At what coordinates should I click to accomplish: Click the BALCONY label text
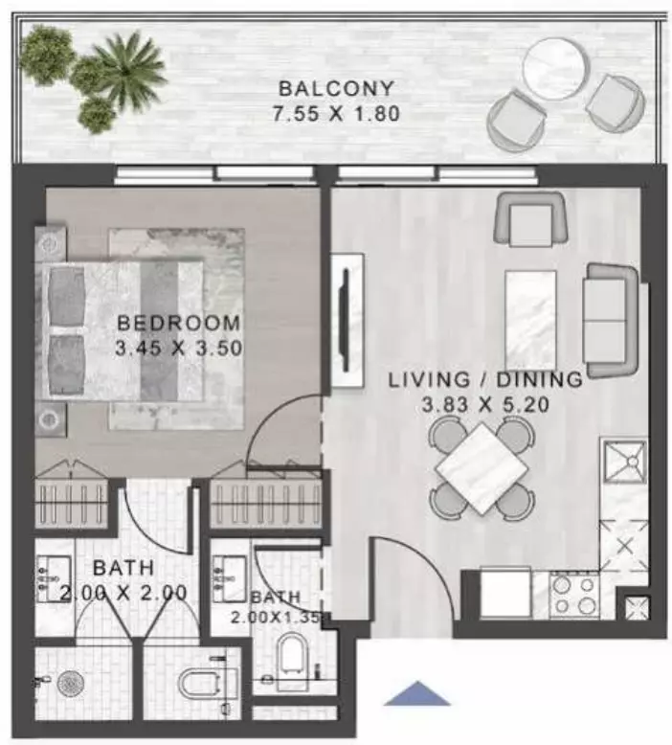click(x=336, y=89)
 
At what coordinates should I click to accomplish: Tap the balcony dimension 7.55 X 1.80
click(x=336, y=114)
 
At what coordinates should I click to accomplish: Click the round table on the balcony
click(x=553, y=68)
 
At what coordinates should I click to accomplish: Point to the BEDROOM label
click(x=179, y=323)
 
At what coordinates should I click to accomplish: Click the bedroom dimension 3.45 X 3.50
click(x=179, y=349)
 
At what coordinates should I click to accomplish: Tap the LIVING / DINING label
click(x=485, y=379)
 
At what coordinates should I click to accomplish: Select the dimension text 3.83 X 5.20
click(x=485, y=405)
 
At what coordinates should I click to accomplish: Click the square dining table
click(x=482, y=468)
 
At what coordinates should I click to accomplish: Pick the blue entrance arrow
click(x=417, y=693)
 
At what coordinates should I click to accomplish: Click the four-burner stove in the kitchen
click(x=574, y=596)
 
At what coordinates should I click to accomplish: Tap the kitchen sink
click(x=624, y=461)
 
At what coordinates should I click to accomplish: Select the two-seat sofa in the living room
click(x=611, y=321)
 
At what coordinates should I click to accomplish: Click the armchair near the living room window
click(x=531, y=219)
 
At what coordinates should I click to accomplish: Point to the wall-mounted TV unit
click(x=347, y=321)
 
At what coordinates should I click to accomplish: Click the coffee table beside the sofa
click(x=530, y=320)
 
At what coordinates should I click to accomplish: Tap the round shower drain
click(x=71, y=684)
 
